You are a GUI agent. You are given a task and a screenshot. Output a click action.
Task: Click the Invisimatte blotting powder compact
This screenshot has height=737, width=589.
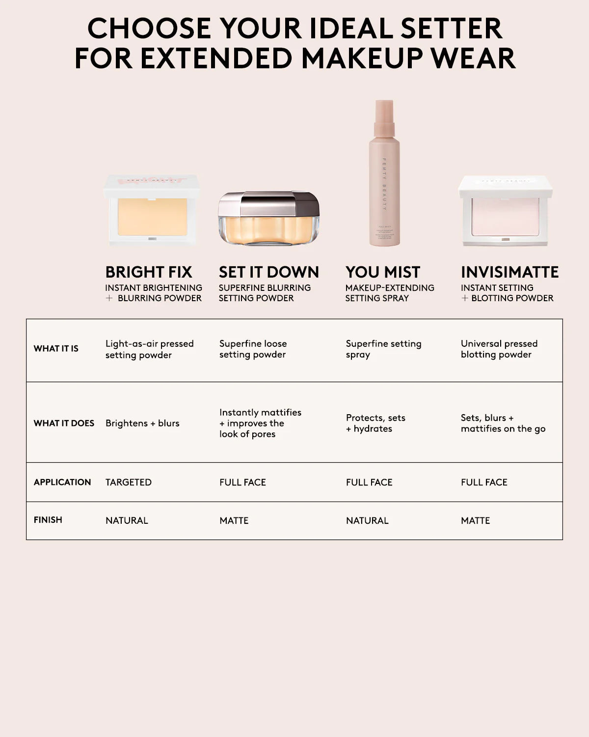point(506,211)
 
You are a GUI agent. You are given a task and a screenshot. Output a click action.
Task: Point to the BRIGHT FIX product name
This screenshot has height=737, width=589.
point(149,272)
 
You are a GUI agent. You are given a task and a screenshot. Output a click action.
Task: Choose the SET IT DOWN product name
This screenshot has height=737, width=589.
point(269,272)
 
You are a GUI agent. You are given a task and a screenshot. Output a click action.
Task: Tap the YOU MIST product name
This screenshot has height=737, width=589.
point(383,272)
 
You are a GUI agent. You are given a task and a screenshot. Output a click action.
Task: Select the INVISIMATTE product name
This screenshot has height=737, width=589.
point(509,272)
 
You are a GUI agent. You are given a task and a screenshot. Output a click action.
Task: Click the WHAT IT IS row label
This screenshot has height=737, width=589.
point(56,349)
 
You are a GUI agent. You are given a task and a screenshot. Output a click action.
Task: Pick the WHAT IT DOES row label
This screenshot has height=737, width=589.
point(64,424)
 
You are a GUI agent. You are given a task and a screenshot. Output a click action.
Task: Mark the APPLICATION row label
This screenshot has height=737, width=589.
point(62,482)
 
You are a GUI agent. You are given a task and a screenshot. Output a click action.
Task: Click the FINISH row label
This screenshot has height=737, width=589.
point(48,520)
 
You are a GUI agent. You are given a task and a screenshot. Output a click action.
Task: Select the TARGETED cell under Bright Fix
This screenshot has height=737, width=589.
point(129,482)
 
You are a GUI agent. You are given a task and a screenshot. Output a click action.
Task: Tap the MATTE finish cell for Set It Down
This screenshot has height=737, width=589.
point(234,521)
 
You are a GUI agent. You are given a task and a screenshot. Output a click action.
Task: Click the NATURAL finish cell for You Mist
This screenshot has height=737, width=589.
point(367,521)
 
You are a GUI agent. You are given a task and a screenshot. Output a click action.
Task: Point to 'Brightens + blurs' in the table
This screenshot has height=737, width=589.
point(142,424)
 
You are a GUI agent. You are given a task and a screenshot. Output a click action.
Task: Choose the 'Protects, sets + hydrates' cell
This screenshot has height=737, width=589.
point(375,423)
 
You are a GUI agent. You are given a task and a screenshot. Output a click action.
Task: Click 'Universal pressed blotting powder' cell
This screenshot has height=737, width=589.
point(499,349)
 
